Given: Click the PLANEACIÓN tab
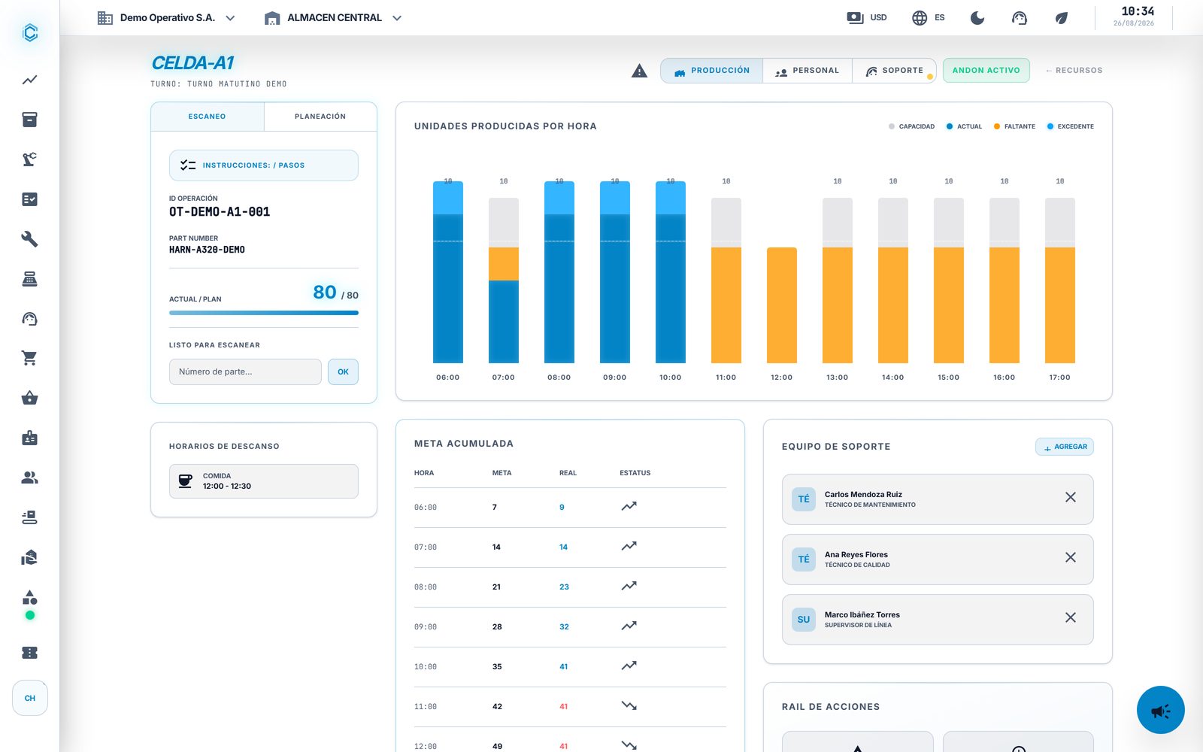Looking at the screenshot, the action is click(x=320, y=117).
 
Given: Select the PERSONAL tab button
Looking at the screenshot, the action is click(x=807, y=71).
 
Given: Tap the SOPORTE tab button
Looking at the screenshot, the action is click(x=894, y=71).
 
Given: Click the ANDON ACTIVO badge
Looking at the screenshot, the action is click(x=986, y=71).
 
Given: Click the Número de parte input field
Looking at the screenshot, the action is click(x=245, y=371).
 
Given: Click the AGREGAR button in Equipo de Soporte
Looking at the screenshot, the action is click(x=1065, y=447).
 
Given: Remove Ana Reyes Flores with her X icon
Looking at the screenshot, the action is click(x=1071, y=557).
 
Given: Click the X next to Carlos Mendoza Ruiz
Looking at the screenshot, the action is click(x=1071, y=497).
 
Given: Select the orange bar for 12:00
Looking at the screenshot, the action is click(x=781, y=305).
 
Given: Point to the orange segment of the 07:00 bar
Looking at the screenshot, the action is click(x=503, y=264).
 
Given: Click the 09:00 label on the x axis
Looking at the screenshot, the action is click(x=614, y=378).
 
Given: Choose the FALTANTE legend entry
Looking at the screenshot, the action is click(x=1014, y=127).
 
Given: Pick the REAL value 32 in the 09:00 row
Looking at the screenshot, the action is click(x=564, y=627).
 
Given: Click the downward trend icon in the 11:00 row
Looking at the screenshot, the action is click(x=629, y=706).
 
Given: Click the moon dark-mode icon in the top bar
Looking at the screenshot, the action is click(x=977, y=18).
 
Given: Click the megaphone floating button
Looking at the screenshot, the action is click(x=1161, y=710).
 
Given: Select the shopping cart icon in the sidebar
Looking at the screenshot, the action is click(x=29, y=358).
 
